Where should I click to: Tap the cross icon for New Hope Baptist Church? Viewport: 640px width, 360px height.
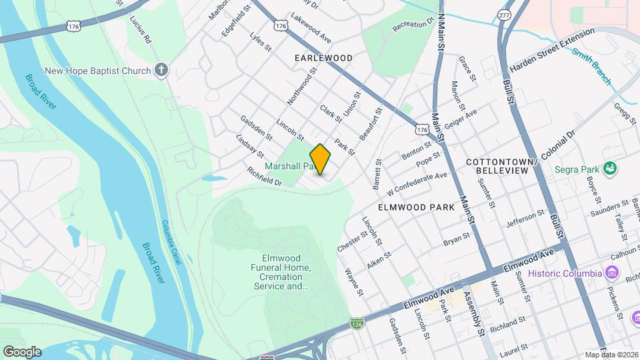(161, 70)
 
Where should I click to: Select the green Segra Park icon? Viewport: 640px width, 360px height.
(609, 169)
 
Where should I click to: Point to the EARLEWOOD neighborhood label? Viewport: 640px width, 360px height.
(323, 58)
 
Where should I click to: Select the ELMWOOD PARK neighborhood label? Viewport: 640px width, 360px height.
(416, 207)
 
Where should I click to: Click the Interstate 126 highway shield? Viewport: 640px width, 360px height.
(357, 323)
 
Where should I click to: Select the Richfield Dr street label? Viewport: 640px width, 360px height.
(265, 176)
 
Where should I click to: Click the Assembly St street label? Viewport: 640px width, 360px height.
(476, 313)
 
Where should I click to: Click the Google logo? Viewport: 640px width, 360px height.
(22, 351)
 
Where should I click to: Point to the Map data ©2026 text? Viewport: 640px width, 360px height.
(611, 355)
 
